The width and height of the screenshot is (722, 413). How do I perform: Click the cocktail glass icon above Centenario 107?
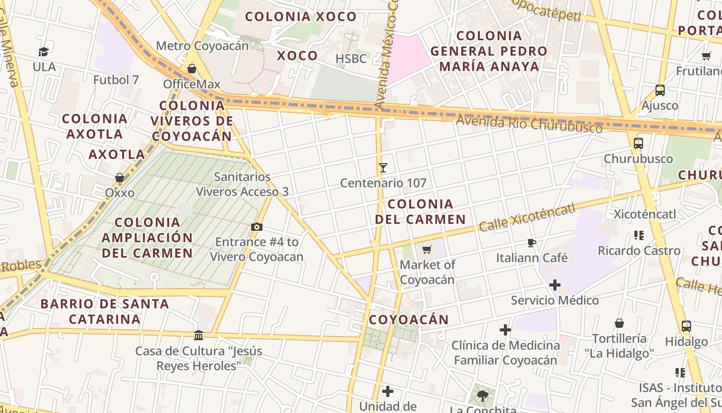pyautogui.click(x=383, y=168)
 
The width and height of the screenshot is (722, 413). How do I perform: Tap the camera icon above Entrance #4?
pyautogui.click(x=256, y=227)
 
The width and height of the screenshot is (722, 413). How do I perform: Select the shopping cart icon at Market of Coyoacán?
pyautogui.click(x=426, y=250)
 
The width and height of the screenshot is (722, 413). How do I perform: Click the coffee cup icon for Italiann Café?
pyautogui.click(x=532, y=243)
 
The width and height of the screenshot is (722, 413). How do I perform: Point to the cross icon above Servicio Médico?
pyautogui.click(x=555, y=285)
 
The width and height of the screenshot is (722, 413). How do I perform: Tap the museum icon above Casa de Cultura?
pyautogui.click(x=199, y=336)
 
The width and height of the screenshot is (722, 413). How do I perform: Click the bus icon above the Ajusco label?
pyautogui.click(x=660, y=90)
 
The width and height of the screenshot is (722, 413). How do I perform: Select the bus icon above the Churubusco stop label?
pyautogui.click(x=638, y=144)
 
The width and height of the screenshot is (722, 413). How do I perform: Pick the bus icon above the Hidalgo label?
pyautogui.click(x=686, y=326)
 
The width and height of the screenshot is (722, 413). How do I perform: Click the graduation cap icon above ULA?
pyautogui.click(x=43, y=52)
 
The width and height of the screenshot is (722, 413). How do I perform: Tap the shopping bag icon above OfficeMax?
pyautogui.click(x=192, y=68)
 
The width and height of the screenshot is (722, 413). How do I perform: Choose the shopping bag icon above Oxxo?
pyautogui.click(x=120, y=178)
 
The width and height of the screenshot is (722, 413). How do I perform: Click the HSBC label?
pyautogui.click(x=351, y=58)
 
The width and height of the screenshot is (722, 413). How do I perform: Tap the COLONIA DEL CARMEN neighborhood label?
pyautogui.click(x=420, y=212)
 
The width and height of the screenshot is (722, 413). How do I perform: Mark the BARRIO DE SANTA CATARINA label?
pyautogui.click(x=105, y=311)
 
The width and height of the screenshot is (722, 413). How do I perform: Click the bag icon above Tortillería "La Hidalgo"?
pyautogui.click(x=619, y=323)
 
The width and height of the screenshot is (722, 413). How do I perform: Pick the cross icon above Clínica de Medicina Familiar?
pyautogui.click(x=505, y=330)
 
